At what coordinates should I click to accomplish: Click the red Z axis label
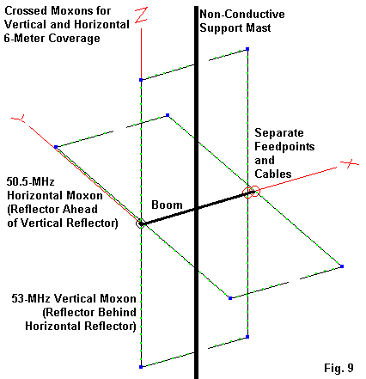141,15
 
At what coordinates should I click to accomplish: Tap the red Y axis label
19,119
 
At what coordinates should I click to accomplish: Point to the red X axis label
350,164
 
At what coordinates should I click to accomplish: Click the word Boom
167,205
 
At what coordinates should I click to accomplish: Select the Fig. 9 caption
339,368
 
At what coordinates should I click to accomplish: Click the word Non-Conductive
242,14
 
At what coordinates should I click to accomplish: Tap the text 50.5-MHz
30,181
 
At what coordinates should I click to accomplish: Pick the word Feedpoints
284,146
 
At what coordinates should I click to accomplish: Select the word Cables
273,174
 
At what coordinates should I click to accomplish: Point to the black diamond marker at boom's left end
140,223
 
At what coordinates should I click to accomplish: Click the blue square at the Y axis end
56,147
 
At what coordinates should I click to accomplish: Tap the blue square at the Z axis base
141,80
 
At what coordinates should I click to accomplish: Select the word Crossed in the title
25,10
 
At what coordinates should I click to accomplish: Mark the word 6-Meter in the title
23,38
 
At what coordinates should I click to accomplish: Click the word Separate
279,132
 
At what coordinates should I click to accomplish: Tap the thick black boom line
197,208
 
